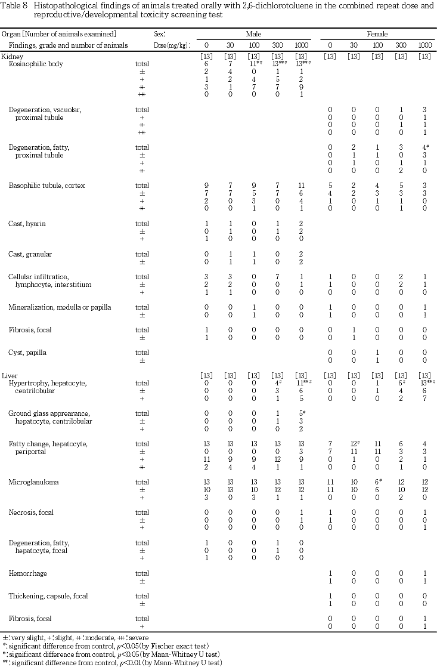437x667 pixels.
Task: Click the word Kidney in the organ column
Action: point(12,56)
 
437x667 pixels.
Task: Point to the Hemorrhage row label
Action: point(27,573)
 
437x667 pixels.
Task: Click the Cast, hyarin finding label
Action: point(27,223)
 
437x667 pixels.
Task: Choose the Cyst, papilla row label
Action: point(27,353)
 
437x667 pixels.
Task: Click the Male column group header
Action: point(253,35)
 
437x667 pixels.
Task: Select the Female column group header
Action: point(377,35)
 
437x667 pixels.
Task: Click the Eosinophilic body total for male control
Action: point(206,64)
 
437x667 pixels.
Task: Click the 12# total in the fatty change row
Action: point(354,444)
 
